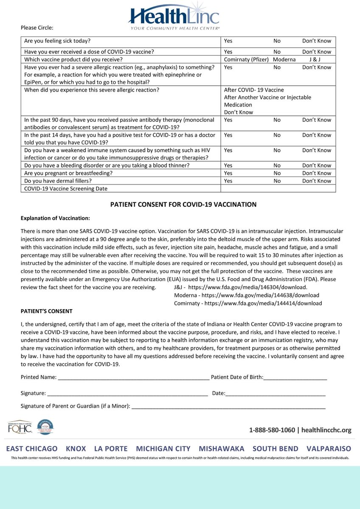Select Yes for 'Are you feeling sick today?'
[x=228, y=41]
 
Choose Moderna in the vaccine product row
[x=284, y=59]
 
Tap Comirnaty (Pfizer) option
[x=246, y=59]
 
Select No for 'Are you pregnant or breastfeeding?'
[x=277, y=173]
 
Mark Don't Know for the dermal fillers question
[x=316, y=181]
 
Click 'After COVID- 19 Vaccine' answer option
[x=254, y=90]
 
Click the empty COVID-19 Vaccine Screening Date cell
[x=278, y=188]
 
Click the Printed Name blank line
[x=133, y=377]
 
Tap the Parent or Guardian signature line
[x=228, y=406]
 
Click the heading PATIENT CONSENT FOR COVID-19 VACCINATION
[x=183, y=204]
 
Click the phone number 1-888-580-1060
[x=272, y=430]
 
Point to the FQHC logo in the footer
[x=20, y=428]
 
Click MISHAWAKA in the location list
[x=221, y=448]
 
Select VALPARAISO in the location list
[x=329, y=448]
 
